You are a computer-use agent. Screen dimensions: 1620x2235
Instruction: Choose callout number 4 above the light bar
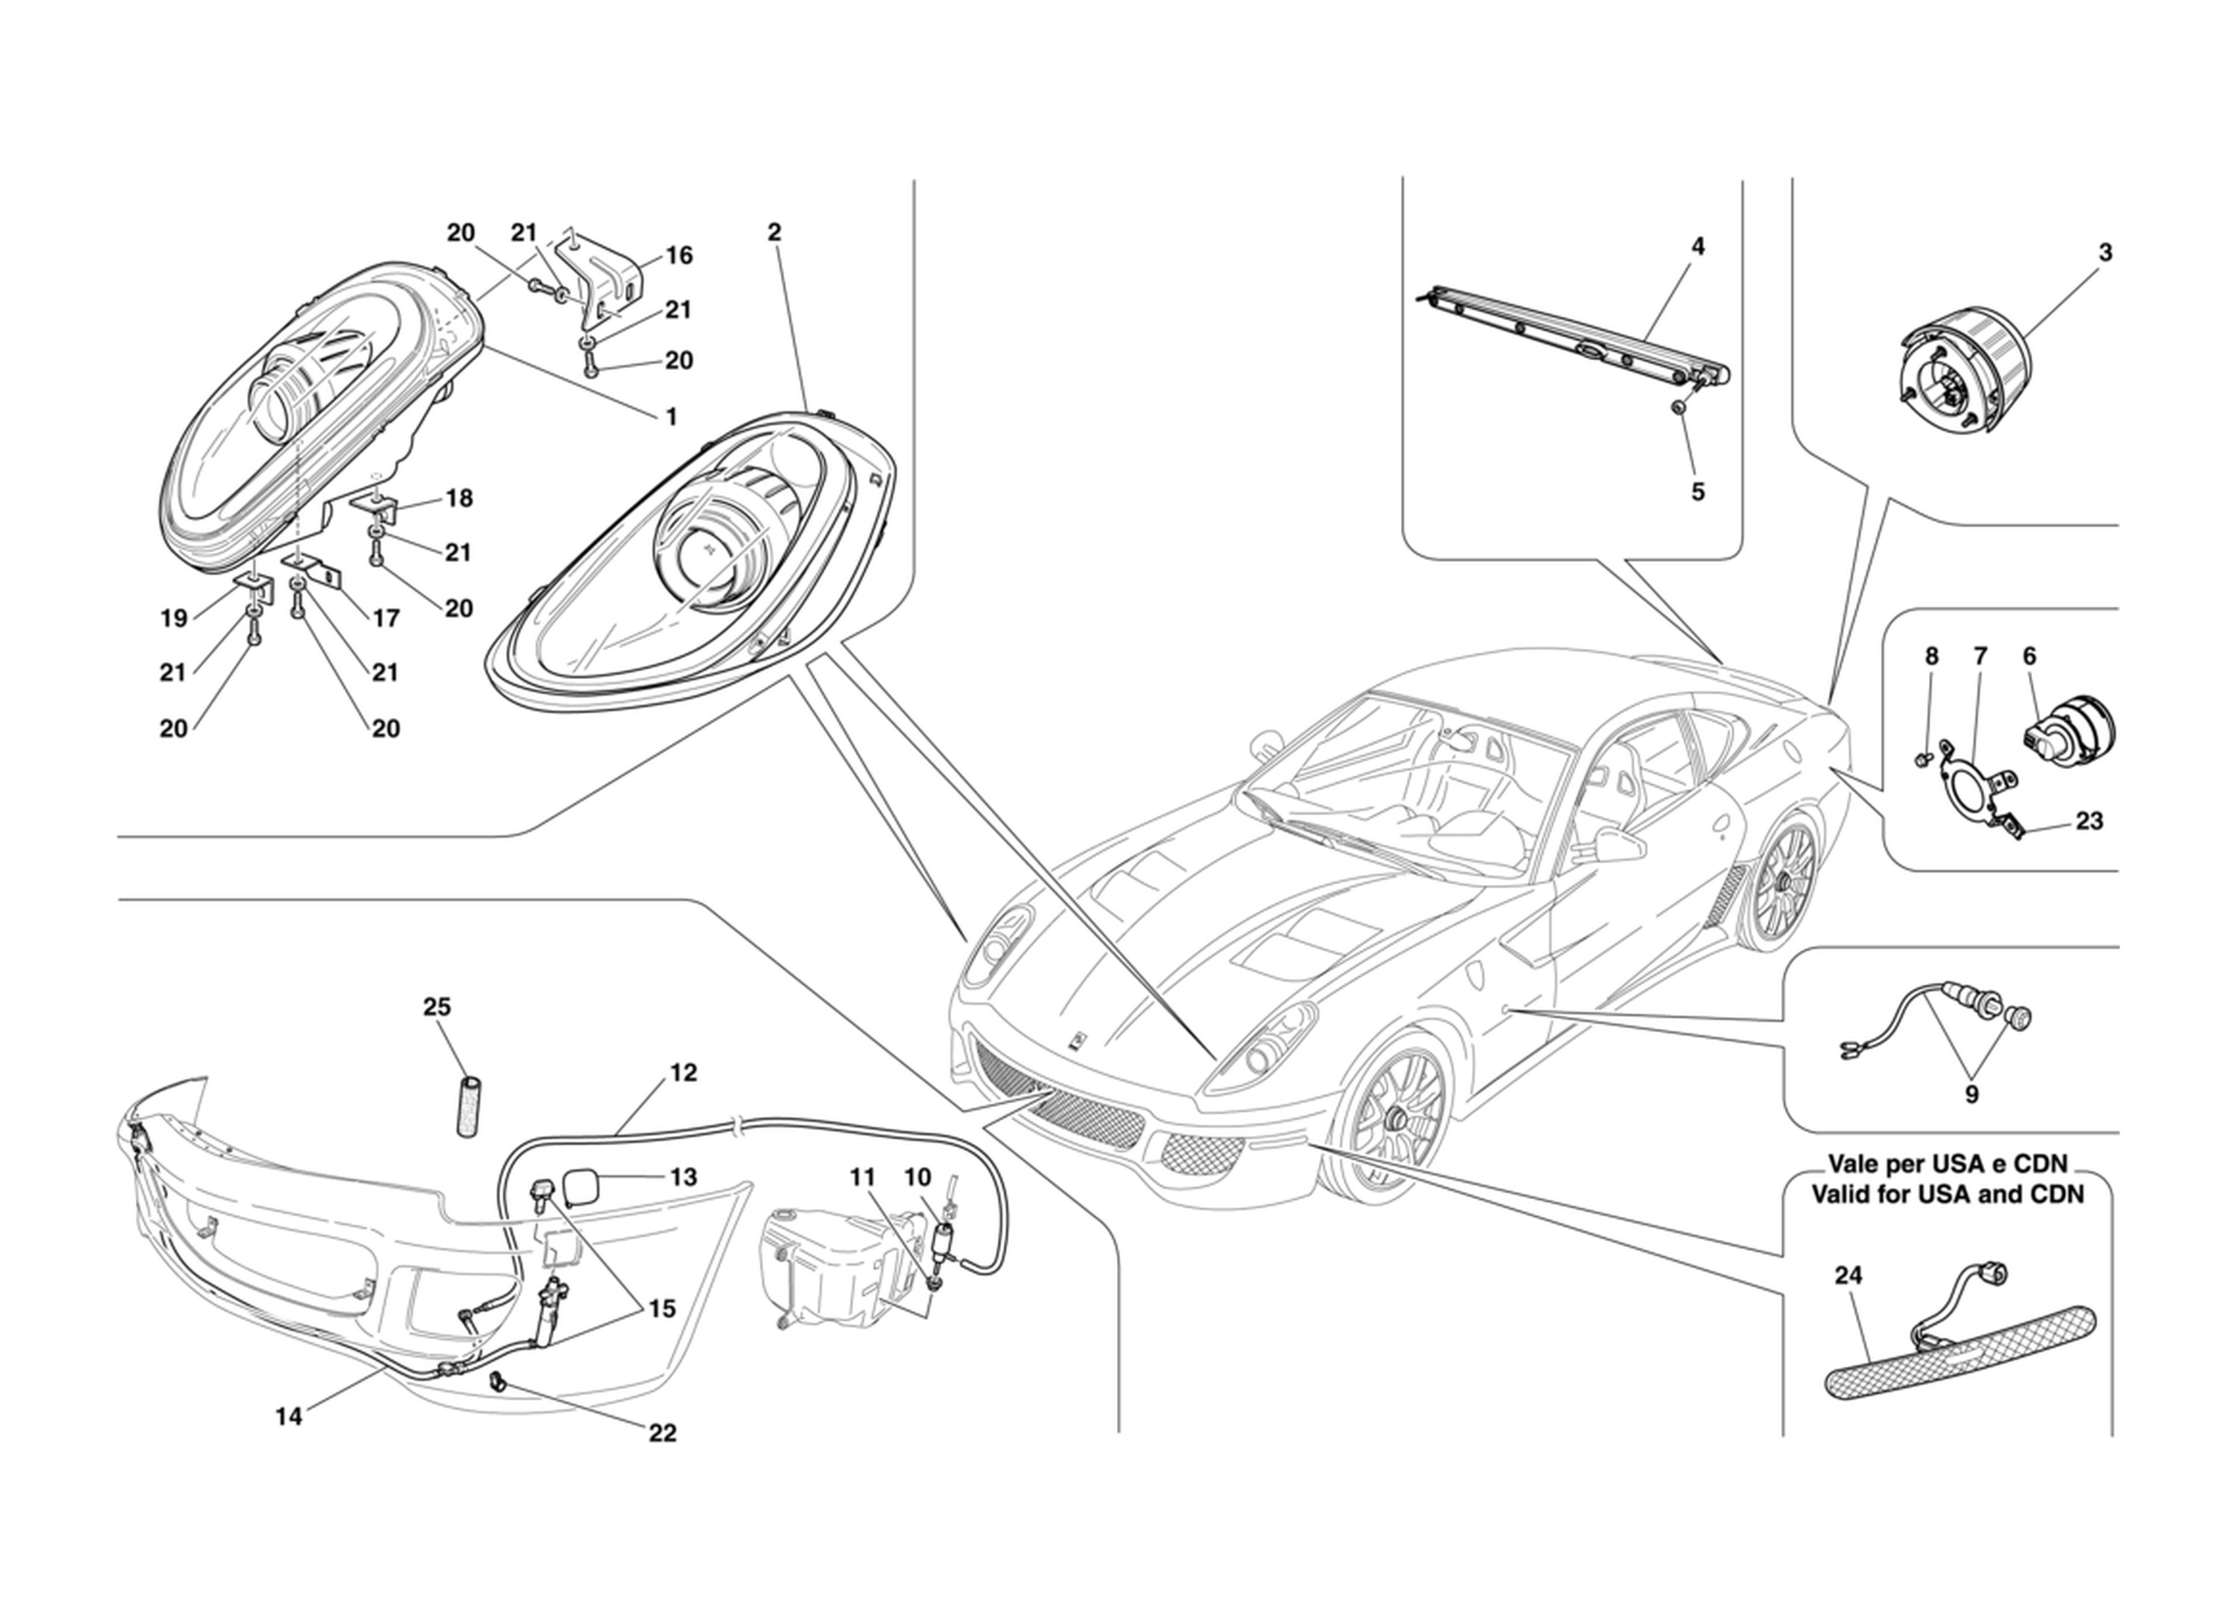click(1697, 246)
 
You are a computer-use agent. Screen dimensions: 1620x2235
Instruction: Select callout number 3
click(2105, 252)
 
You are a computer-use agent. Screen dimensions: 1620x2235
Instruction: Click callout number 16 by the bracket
click(679, 255)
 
